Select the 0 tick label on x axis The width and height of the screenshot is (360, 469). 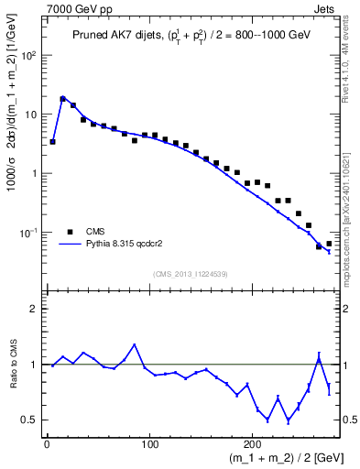click(x=47, y=445)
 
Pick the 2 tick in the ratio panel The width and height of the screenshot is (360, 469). click(x=36, y=309)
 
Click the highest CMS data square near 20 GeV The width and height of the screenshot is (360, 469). click(x=63, y=99)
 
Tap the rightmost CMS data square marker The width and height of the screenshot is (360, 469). click(x=329, y=244)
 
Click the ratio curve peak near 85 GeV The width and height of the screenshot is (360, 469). click(x=135, y=345)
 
